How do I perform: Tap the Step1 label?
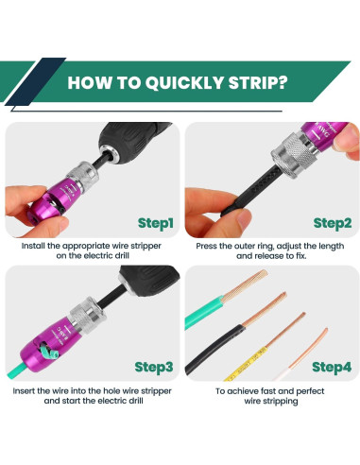pyautogui.click(x=156, y=223)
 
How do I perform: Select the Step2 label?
pyautogui.click(x=333, y=223)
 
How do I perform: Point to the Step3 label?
pyautogui.click(x=154, y=367)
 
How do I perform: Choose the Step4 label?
pyautogui.click(x=332, y=367)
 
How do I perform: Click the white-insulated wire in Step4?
pyautogui.click(x=302, y=356)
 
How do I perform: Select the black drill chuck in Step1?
pyautogui.click(x=134, y=139)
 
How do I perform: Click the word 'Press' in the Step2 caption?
pyautogui.click(x=206, y=246)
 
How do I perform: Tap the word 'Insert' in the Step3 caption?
pyautogui.click(x=24, y=391)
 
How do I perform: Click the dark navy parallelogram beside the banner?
pyautogui.click(x=35, y=81)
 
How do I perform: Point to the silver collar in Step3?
pyautogui.click(x=84, y=315)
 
